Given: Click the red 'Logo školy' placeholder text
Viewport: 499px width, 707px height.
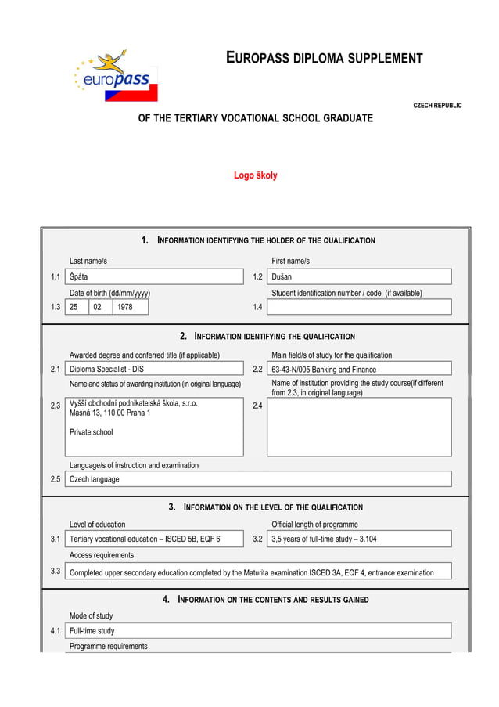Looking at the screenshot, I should pos(255,175).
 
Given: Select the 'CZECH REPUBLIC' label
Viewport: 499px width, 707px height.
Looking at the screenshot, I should pos(436,106).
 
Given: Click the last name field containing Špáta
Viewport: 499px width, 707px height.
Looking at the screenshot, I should pos(154,276).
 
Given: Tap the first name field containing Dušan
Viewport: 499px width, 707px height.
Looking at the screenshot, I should pos(358,276).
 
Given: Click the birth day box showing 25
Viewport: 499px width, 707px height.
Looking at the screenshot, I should pos(75,307).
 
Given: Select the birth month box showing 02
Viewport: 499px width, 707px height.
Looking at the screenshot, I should pos(99,307).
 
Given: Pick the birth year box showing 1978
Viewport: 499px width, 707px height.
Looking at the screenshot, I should pos(129,307).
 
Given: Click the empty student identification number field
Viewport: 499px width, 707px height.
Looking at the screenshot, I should pos(358,307).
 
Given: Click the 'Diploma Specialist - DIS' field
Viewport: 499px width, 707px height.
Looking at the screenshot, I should pos(154,369).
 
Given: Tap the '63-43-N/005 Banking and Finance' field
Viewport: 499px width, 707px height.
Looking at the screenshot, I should pos(358,369).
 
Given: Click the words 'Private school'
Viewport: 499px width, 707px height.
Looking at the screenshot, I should pos(91,432).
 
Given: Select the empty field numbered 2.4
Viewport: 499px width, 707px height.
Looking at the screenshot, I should pos(358,427).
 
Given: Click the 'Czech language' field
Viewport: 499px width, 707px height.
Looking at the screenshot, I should pos(258,479).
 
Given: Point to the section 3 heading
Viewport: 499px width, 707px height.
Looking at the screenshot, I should pos(266,507).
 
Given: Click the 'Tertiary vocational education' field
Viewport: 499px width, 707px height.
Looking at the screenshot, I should pos(154,539).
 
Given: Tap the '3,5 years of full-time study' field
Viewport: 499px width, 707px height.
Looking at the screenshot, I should pos(358,539).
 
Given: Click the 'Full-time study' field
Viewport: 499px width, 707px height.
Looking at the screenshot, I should pos(258,631).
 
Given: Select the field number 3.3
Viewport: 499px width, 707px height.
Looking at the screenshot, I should pos(56,571).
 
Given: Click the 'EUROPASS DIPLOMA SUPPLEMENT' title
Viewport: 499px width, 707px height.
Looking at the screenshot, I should pos(324,58).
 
